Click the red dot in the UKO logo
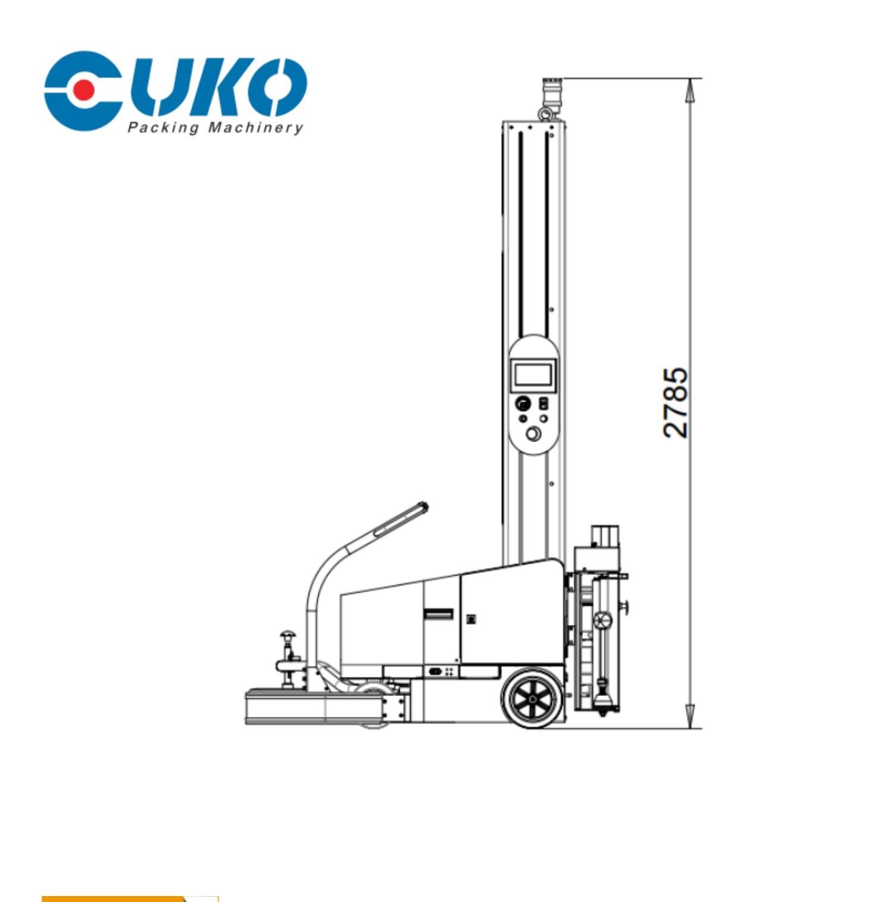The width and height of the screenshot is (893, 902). tap(85, 90)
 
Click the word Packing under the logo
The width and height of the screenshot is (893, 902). tap(163, 127)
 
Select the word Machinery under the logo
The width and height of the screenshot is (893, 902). tap(255, 127)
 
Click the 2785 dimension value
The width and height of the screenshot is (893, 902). tap(676, 403)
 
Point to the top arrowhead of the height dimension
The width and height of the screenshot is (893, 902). tap(689, 91)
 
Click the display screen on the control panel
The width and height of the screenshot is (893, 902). tap(533, 375)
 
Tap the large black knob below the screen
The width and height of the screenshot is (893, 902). tap(522, 403)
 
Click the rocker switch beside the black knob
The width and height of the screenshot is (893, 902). tap(544, 403)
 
